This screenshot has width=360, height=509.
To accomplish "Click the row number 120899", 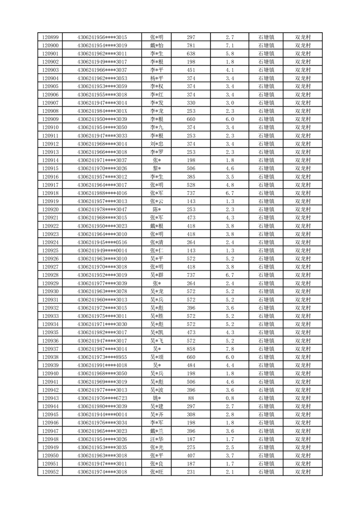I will [x=50, y=37].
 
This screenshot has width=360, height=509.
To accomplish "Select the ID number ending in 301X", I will [x=102, y=111].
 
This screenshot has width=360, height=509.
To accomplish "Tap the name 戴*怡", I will [x=157, y=45].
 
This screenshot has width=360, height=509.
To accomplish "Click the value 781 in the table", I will [x=191, y=45].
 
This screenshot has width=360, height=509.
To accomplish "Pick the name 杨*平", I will [x=157, y=78].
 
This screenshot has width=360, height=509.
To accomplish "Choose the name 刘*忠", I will [x=157, y=144].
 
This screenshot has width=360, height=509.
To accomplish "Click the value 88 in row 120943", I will [x=191, y=398].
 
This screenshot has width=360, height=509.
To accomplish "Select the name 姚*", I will [x=157, y=398].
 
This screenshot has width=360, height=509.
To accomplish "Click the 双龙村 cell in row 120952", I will [x=303, y=472].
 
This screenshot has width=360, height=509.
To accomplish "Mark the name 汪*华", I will [x=157, y=439].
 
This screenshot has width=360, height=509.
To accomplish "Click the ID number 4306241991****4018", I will [x=102, y=365].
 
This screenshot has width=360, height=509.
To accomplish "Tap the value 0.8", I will [x=229, y=398].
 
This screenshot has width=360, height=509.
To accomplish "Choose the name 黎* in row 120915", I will [x=157, y=168].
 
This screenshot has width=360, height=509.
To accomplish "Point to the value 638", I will [x=191, y=54].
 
